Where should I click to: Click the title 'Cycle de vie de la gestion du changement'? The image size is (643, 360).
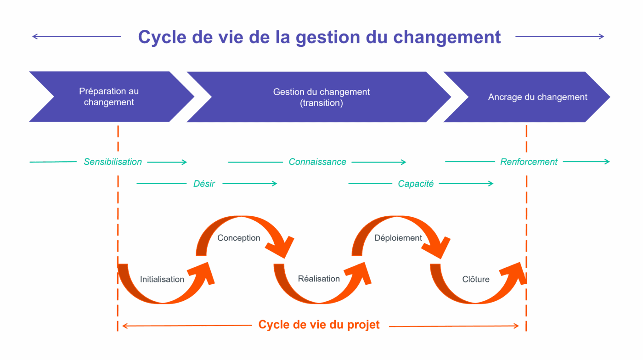[x=319, y=37]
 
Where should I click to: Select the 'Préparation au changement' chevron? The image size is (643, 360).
[x=109, y=97]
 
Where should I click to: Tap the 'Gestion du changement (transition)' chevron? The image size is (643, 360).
[x=321, y=97]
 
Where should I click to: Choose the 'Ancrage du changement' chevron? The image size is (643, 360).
[x=537, y=97]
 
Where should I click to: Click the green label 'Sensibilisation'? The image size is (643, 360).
[x=113, y=162]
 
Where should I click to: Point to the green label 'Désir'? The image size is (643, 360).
[x=204, y=184]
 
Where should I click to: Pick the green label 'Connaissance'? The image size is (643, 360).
[x=317, y=162]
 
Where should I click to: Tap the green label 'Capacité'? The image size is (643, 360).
[x=416, y=184]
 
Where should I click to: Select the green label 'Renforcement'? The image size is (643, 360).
[x=529, y=162]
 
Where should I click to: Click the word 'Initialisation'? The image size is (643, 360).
[x=162, y=279]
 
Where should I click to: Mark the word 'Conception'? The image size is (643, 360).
[x=239, y=238]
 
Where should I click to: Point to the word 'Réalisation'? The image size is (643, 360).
[x=319, y=279]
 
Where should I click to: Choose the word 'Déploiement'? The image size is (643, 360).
[x=398, y=238]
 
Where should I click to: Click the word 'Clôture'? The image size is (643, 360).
[x=476, y=279]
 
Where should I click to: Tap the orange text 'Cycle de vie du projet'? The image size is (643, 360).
[x=319, y=325]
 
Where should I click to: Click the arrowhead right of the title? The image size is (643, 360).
[x=602, y=37]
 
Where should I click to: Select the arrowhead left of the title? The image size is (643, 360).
[x=34, y=37]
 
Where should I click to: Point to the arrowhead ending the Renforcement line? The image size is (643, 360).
[x=607, y=162]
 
